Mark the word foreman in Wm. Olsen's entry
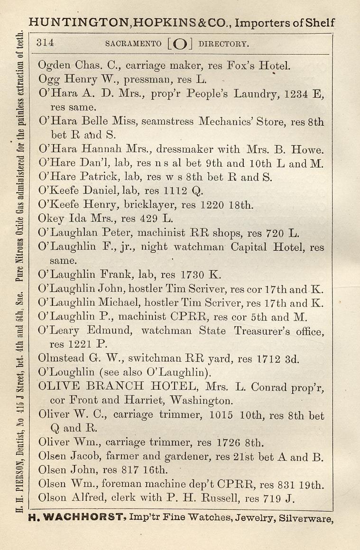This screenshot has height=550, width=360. (114, 485)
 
